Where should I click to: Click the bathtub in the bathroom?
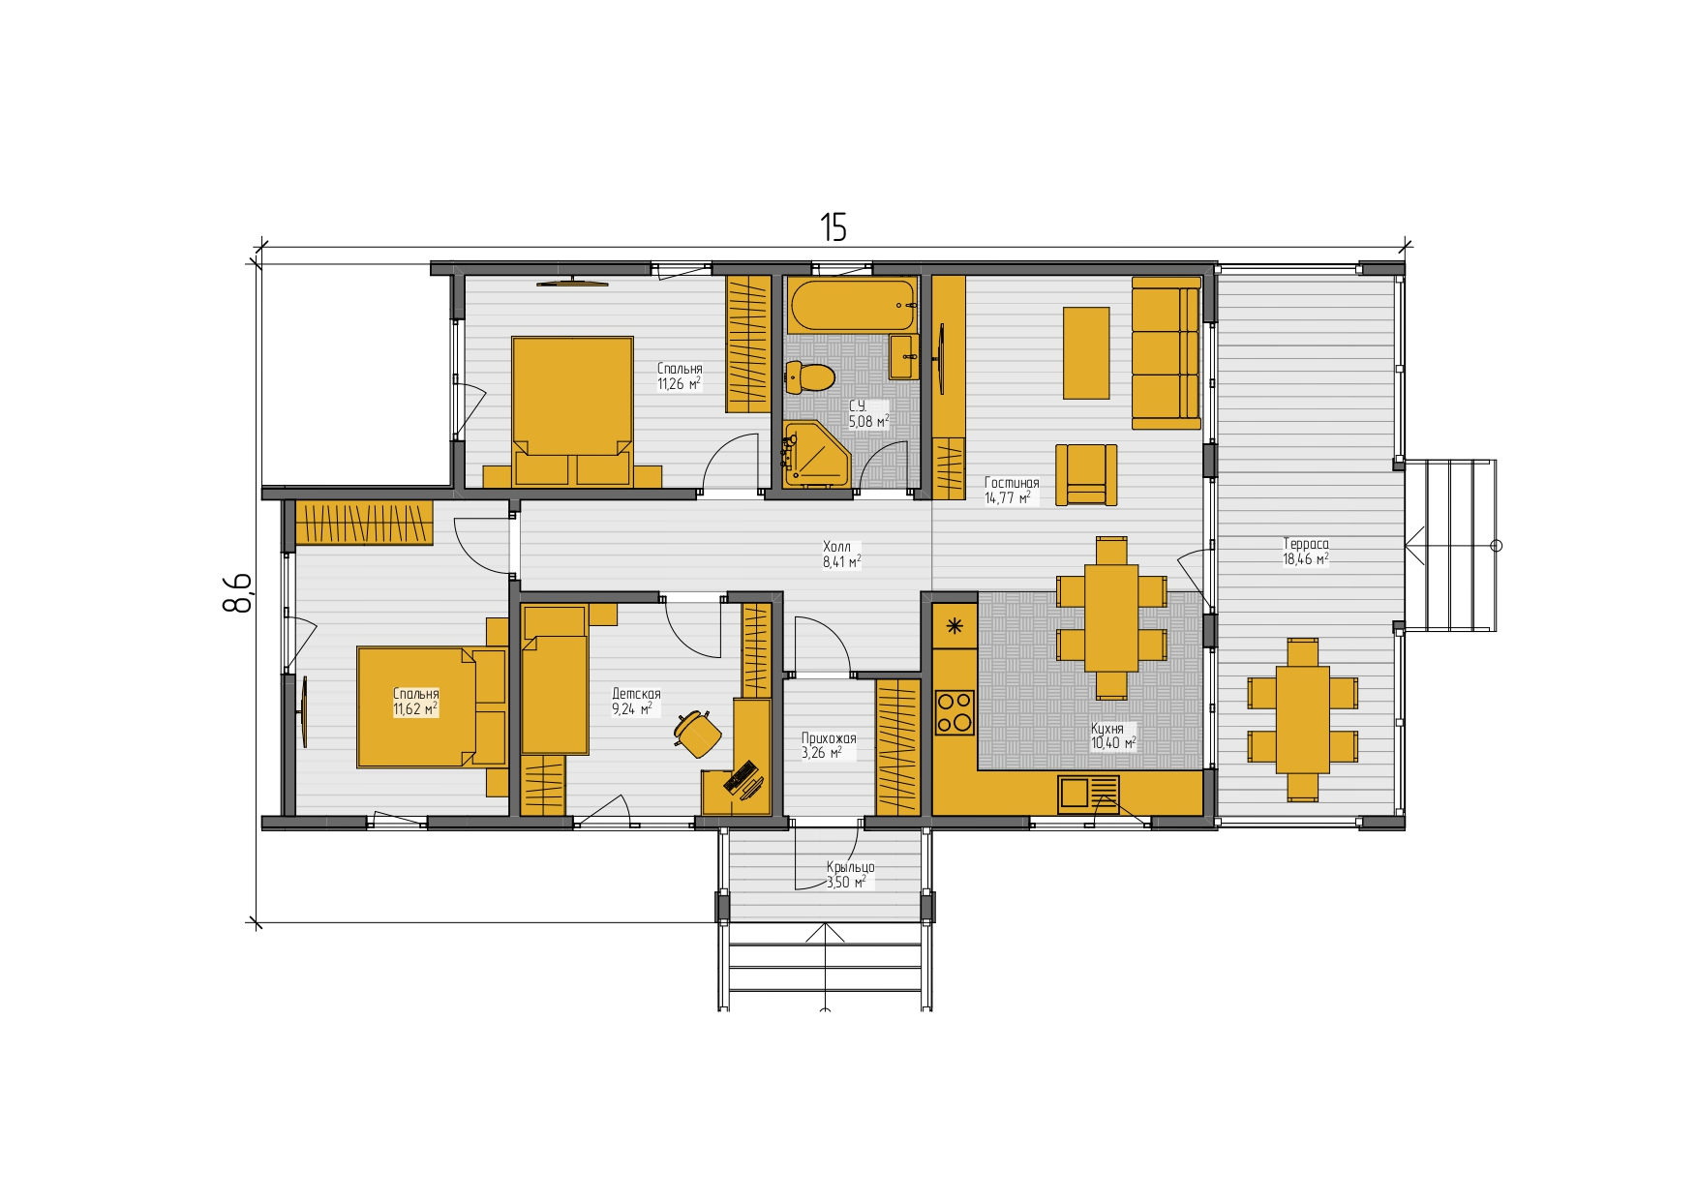click(x=852, y=305)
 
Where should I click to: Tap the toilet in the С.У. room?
click(x=809, y=376)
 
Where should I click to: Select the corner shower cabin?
click(x=814, y=455)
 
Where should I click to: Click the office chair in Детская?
click(x=697, y=733)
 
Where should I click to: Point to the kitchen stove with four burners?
click(x=955, y=711)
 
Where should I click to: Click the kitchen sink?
click(x=1088, y=795)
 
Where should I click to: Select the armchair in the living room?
click(x=1086, y=475)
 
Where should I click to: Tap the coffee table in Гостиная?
click(x=1086, y=353)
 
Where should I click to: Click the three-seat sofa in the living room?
click(x=1167, y=353)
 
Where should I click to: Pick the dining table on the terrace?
click(x=1303, y=719)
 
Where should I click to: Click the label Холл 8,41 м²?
click(x=841, y=555)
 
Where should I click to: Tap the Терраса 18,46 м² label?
click(x=1306, y=552)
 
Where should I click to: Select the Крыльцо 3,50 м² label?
click(x=850, y=875)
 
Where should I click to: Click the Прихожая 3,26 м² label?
click(x=829, y=745)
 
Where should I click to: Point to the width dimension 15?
click(x=834, y=227)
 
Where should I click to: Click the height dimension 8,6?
click(x=237, y=592)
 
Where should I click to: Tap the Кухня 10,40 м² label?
click(x=1112, y=736)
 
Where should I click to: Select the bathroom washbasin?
click(x=904, y=357)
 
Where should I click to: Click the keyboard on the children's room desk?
click(x=741, y=775)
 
